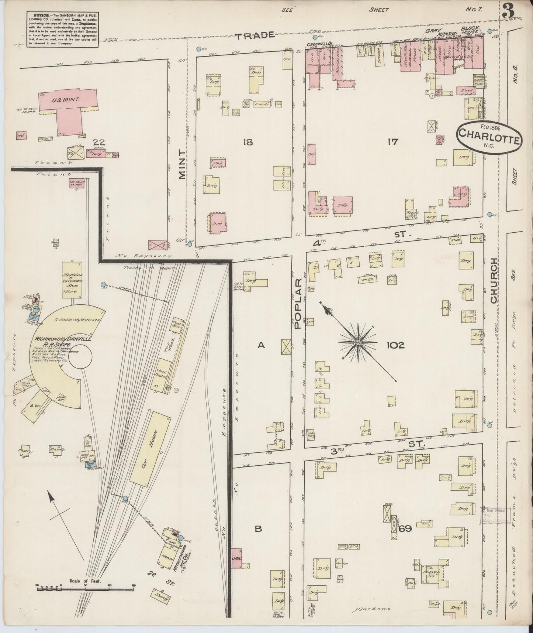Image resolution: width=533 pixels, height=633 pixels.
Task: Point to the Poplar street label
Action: tap(298, 304)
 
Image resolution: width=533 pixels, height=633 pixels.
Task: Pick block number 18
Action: tap(248, 142)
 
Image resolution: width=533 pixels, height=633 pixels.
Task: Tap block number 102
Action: tap(395, 345)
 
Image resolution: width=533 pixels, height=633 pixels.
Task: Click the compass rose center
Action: tap(357, 342)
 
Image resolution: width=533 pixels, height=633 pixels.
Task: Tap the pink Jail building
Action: tap(237, 558)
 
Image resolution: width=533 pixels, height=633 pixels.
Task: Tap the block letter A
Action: tap(261, 345)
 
